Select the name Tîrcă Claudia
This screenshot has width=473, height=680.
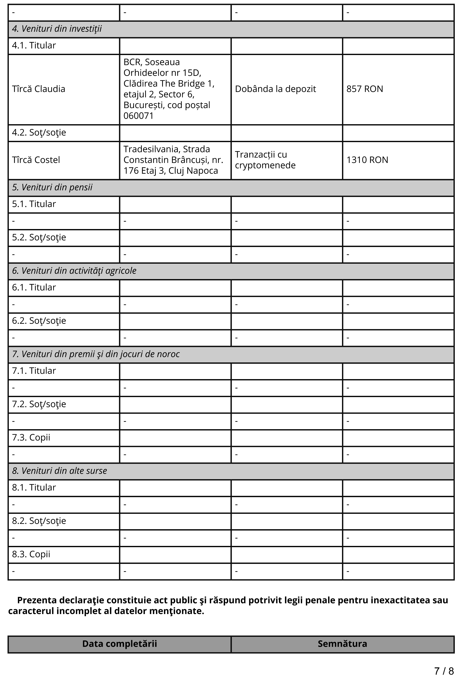tap(38, 89)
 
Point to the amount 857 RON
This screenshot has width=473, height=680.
tap(365, 89)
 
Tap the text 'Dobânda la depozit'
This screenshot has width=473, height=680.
tap(275, 89)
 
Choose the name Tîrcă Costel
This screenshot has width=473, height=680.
tap(36, 160)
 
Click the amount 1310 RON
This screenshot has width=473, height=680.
tap(367, 160)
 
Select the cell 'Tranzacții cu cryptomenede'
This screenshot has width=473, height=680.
tap(265, 160)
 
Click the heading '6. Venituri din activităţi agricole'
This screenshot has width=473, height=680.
tap(74, 271)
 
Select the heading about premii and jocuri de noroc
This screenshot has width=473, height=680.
tap(96, 354)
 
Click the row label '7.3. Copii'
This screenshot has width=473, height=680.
tap(31, 438)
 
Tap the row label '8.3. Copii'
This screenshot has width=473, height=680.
tap(31, 555)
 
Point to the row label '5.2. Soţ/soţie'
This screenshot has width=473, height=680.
tap(39, 237)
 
